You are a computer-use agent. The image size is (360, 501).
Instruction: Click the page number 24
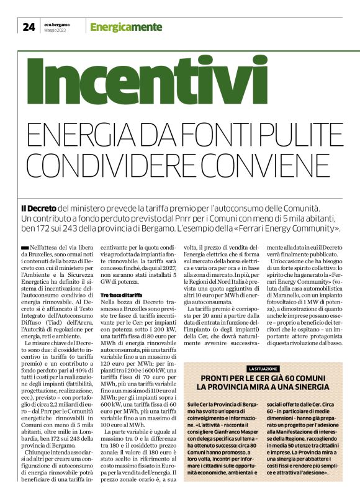[28, 27]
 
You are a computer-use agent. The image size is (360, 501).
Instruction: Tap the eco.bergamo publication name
[57, 24]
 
